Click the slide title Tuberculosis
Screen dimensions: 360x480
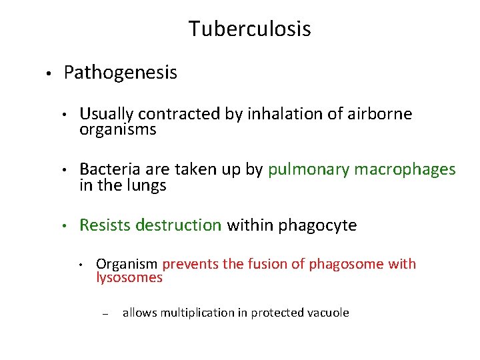(249, 29)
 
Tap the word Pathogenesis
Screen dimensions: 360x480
(121, 73)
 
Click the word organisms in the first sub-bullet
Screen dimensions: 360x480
(117, 129)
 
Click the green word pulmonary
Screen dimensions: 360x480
(309, 171)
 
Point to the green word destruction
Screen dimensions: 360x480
(179, 225)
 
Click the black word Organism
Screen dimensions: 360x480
(127, 264)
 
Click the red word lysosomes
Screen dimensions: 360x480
(129, 277)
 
